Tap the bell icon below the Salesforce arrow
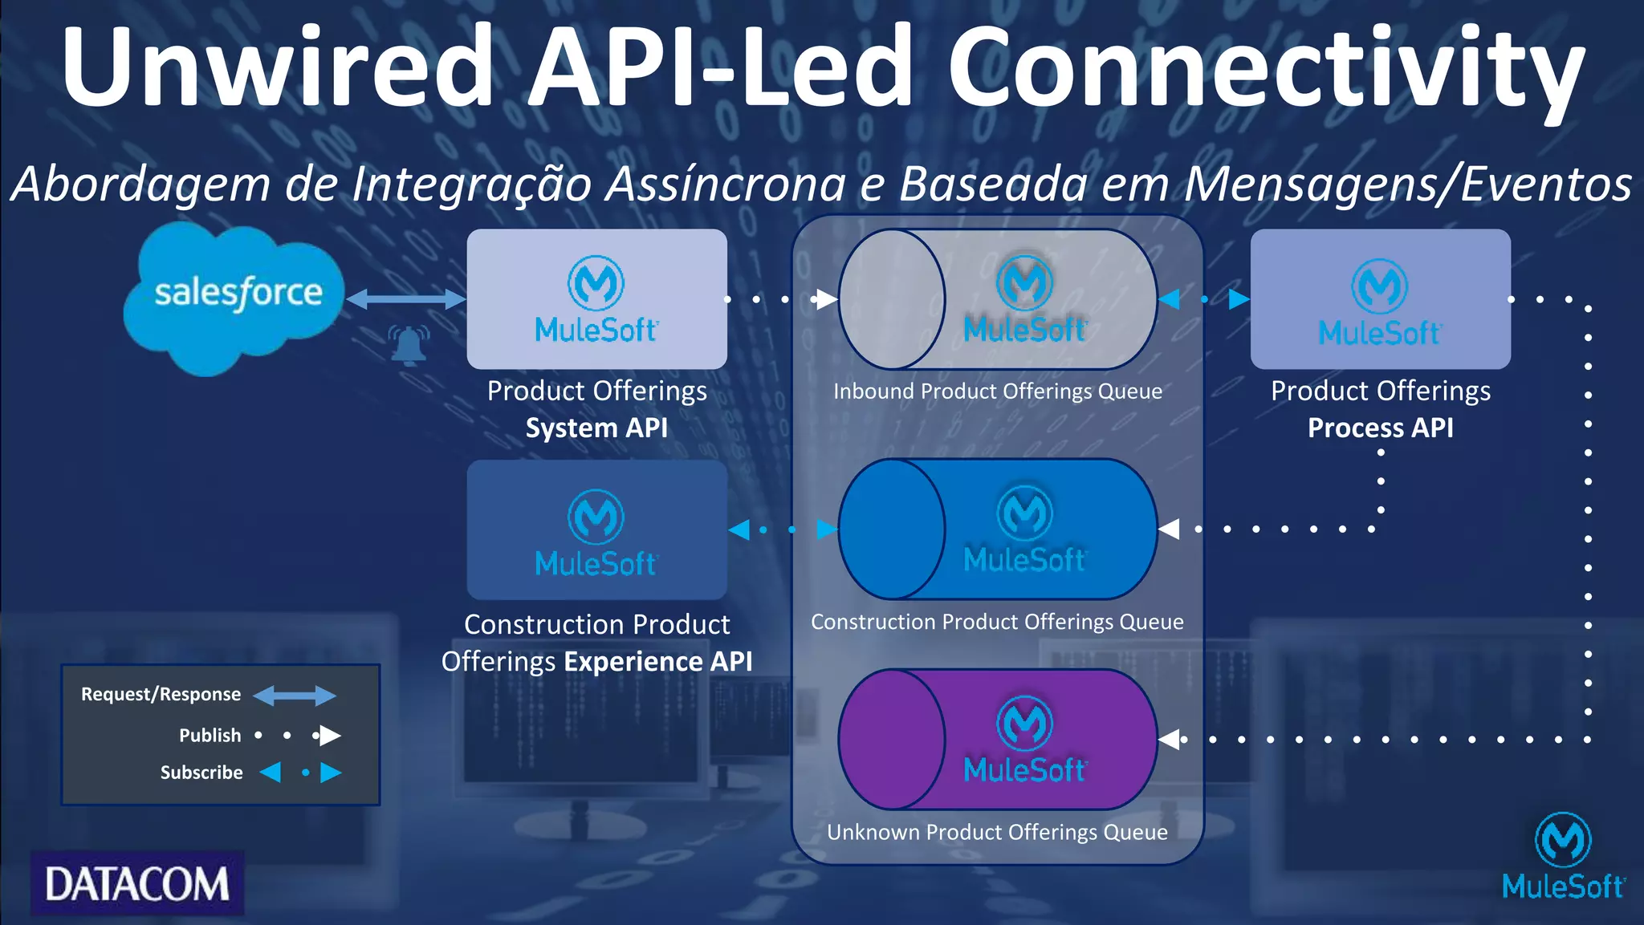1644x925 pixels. [409, 345]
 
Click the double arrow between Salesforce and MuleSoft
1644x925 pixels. [405, 299]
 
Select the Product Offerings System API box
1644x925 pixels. [596, 299]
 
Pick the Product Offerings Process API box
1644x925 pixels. [1380, 299]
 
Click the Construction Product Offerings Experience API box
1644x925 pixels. [596, 529]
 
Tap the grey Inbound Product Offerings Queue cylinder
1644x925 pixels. [998, 299]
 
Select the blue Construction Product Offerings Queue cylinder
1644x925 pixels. [998, 529]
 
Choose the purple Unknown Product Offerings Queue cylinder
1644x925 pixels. [998, 740]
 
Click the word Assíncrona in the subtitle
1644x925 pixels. [726, 183]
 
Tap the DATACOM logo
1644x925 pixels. [137, 883]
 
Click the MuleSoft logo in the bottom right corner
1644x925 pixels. [1562, 857]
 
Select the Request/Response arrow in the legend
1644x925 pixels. [295, 695]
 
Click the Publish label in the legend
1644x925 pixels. [210, 735]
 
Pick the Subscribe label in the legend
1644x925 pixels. [201, 773]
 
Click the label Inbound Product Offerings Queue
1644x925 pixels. [998, 392]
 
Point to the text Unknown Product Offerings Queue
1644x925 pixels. [998, 832]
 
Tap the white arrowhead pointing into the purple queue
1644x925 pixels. [1170, 740]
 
